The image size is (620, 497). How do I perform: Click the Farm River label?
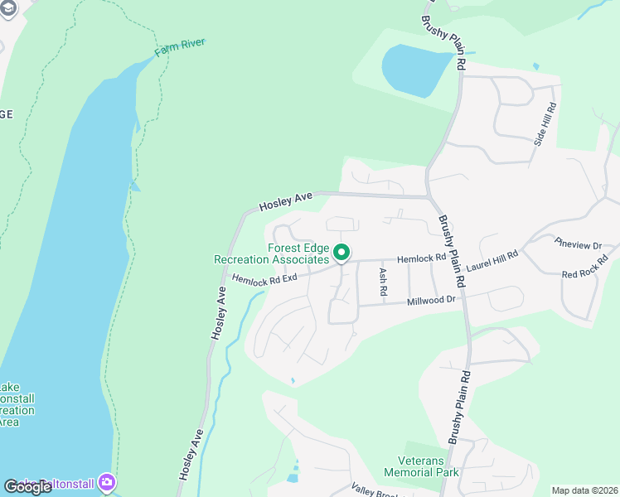point(179,48)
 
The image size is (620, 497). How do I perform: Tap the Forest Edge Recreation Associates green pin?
point(341,253)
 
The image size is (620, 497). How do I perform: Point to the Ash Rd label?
point(383,282)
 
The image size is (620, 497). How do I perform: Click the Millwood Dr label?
point(431,301)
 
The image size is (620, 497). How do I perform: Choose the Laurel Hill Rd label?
point(492,263)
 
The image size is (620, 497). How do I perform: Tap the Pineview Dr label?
point(578,245)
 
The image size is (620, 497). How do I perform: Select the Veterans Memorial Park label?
point(421,466)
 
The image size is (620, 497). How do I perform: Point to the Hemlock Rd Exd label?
point(264,280)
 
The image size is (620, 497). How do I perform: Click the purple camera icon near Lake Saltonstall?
point(107,481)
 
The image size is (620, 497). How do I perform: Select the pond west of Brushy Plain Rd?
point(414,69)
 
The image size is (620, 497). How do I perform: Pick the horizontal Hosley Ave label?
point(285,201)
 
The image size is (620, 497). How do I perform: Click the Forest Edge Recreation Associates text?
point(272,253)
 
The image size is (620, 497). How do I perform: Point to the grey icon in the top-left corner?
point(7,8)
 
